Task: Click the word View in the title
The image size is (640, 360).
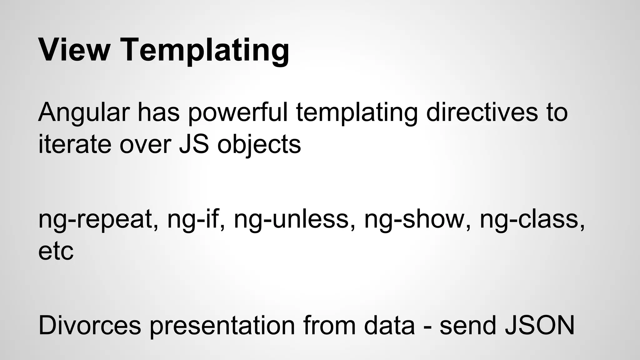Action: coord(74,50)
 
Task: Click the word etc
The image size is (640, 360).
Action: coord(56,252)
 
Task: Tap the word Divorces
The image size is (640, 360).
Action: coord(90,326)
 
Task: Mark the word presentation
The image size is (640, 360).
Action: coord(222,326)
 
